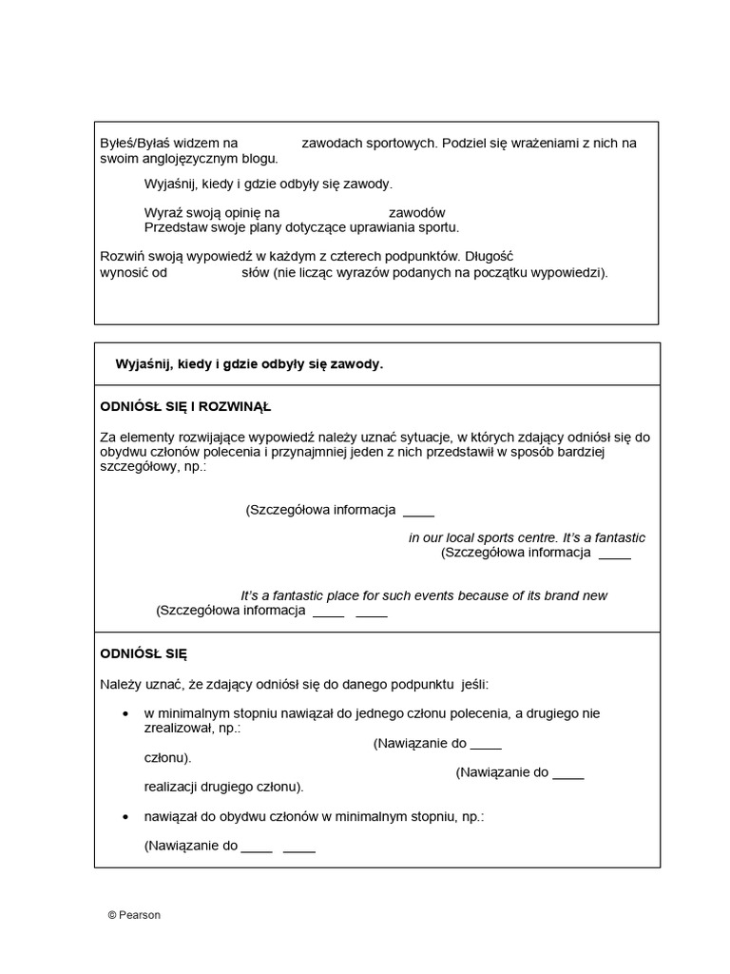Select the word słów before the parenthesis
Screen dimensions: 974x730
point(256,272)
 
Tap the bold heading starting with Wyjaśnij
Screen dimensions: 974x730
point(249,364)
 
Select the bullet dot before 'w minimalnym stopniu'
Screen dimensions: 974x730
point(127,713)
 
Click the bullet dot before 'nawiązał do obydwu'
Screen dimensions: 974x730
point(127,817)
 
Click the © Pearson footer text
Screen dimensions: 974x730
point(134,915)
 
